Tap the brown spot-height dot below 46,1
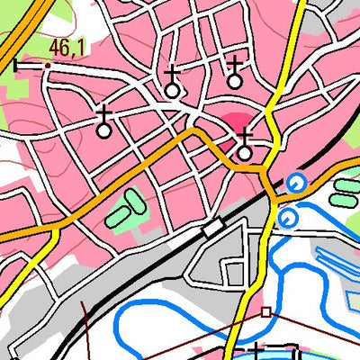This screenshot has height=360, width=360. (x=47, y=65)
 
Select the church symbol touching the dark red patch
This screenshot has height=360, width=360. (x=244, y=145)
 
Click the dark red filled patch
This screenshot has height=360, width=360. (x=236, y=121)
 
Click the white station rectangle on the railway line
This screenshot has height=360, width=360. (x=213, y=228)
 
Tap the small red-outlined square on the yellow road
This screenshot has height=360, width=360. (x=265, y=312)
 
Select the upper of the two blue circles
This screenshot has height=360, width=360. (x=295, y=184)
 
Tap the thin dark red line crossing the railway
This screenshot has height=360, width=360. (x=86, y=315)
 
